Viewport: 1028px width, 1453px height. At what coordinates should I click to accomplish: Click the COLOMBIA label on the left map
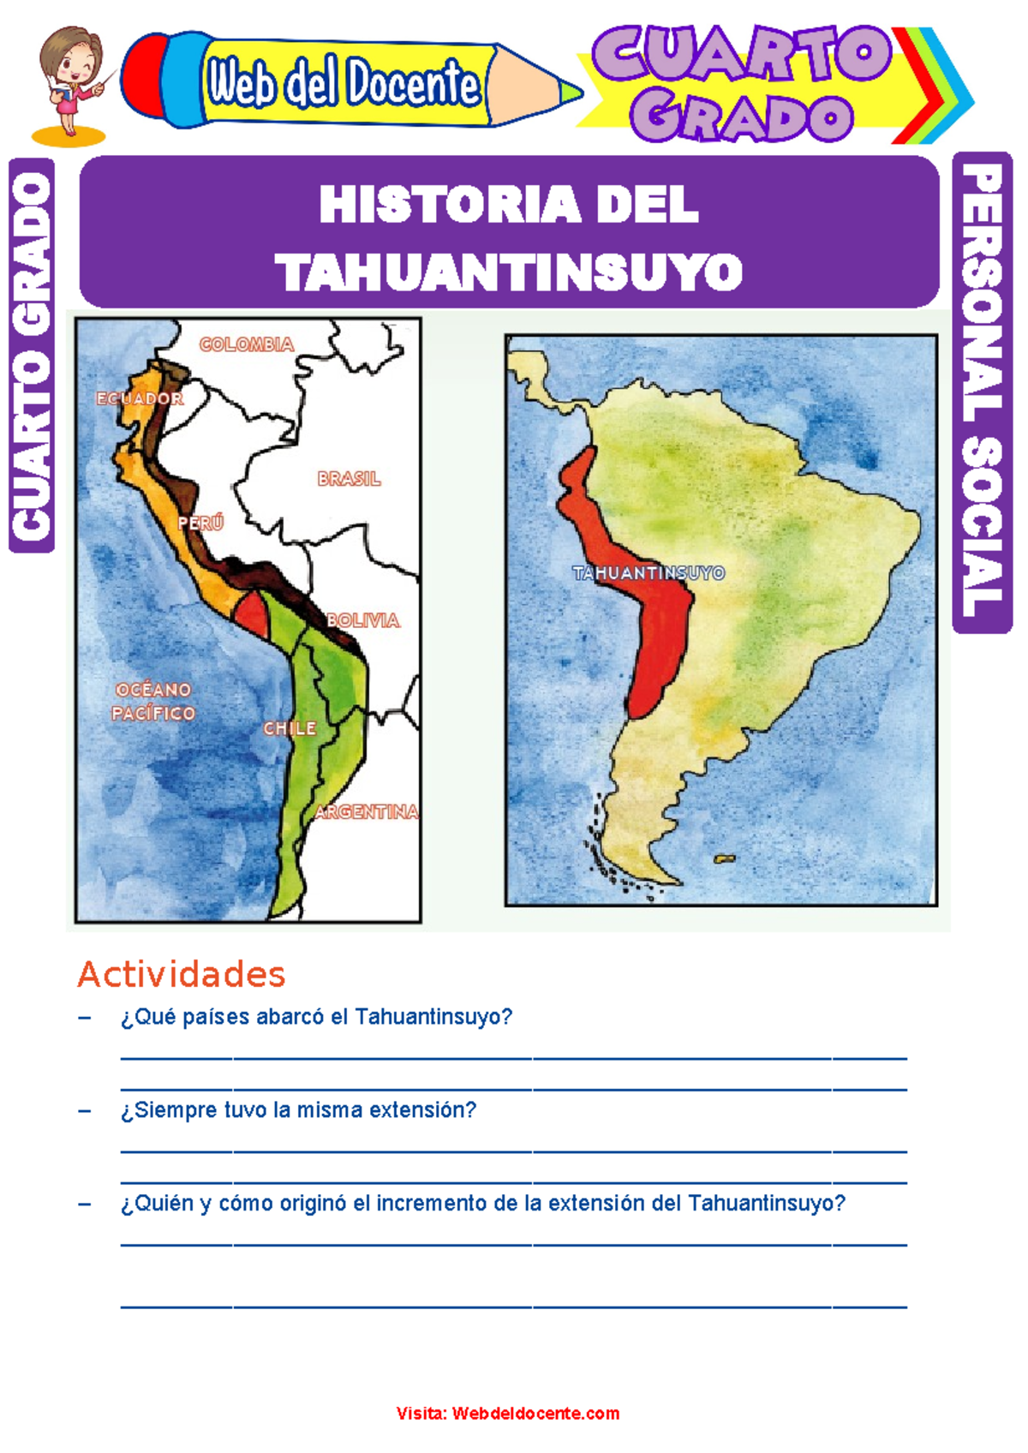coord(247,344)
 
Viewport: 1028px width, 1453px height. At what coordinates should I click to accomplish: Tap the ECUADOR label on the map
coord(140,398)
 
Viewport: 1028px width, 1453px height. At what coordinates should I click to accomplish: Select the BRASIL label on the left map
coord(349,479)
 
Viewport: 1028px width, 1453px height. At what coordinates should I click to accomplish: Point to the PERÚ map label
coord(200,523)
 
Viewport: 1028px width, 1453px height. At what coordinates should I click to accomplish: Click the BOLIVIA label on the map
coord(363,620)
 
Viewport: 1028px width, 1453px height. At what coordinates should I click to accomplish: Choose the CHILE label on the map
coord(290,728)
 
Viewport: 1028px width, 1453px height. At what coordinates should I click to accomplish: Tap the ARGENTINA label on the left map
coord(367,811)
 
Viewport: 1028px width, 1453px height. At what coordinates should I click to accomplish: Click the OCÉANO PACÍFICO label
coord(154,701)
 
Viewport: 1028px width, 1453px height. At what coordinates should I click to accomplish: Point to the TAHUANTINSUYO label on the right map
coord(648,573)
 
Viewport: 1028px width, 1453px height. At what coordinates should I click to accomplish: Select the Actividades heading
coord(182,974)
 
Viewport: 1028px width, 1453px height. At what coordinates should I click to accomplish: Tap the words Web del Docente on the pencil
coord(343,84)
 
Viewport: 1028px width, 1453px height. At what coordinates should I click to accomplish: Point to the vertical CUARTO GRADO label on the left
coord(32,356)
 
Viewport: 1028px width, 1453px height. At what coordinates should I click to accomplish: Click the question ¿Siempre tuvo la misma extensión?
coord(298,1110)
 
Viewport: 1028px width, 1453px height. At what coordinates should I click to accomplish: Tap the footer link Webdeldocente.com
coord(535,1413)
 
